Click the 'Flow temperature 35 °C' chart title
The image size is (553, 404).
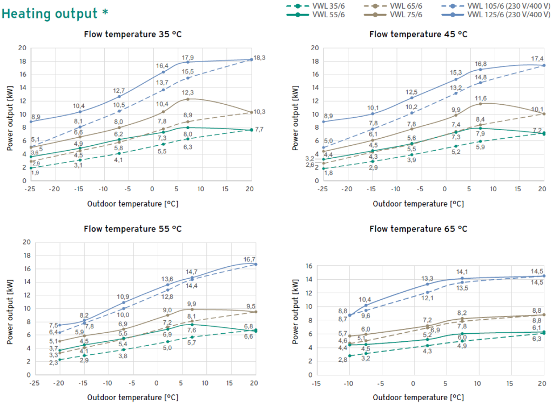(x=132, y=35)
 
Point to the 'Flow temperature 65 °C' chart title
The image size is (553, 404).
(x=418, y=228)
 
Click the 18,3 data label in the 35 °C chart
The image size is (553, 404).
(x=259, y=58)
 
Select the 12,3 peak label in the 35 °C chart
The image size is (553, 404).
(x=188, y=93)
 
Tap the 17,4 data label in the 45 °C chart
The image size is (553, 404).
(x=537, y=58)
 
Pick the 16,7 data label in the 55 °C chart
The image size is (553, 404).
(x=249, y=259)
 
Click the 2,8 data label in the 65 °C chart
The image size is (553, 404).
(x=342, y=359)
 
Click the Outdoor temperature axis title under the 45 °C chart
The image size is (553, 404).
(x=418, y=204)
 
